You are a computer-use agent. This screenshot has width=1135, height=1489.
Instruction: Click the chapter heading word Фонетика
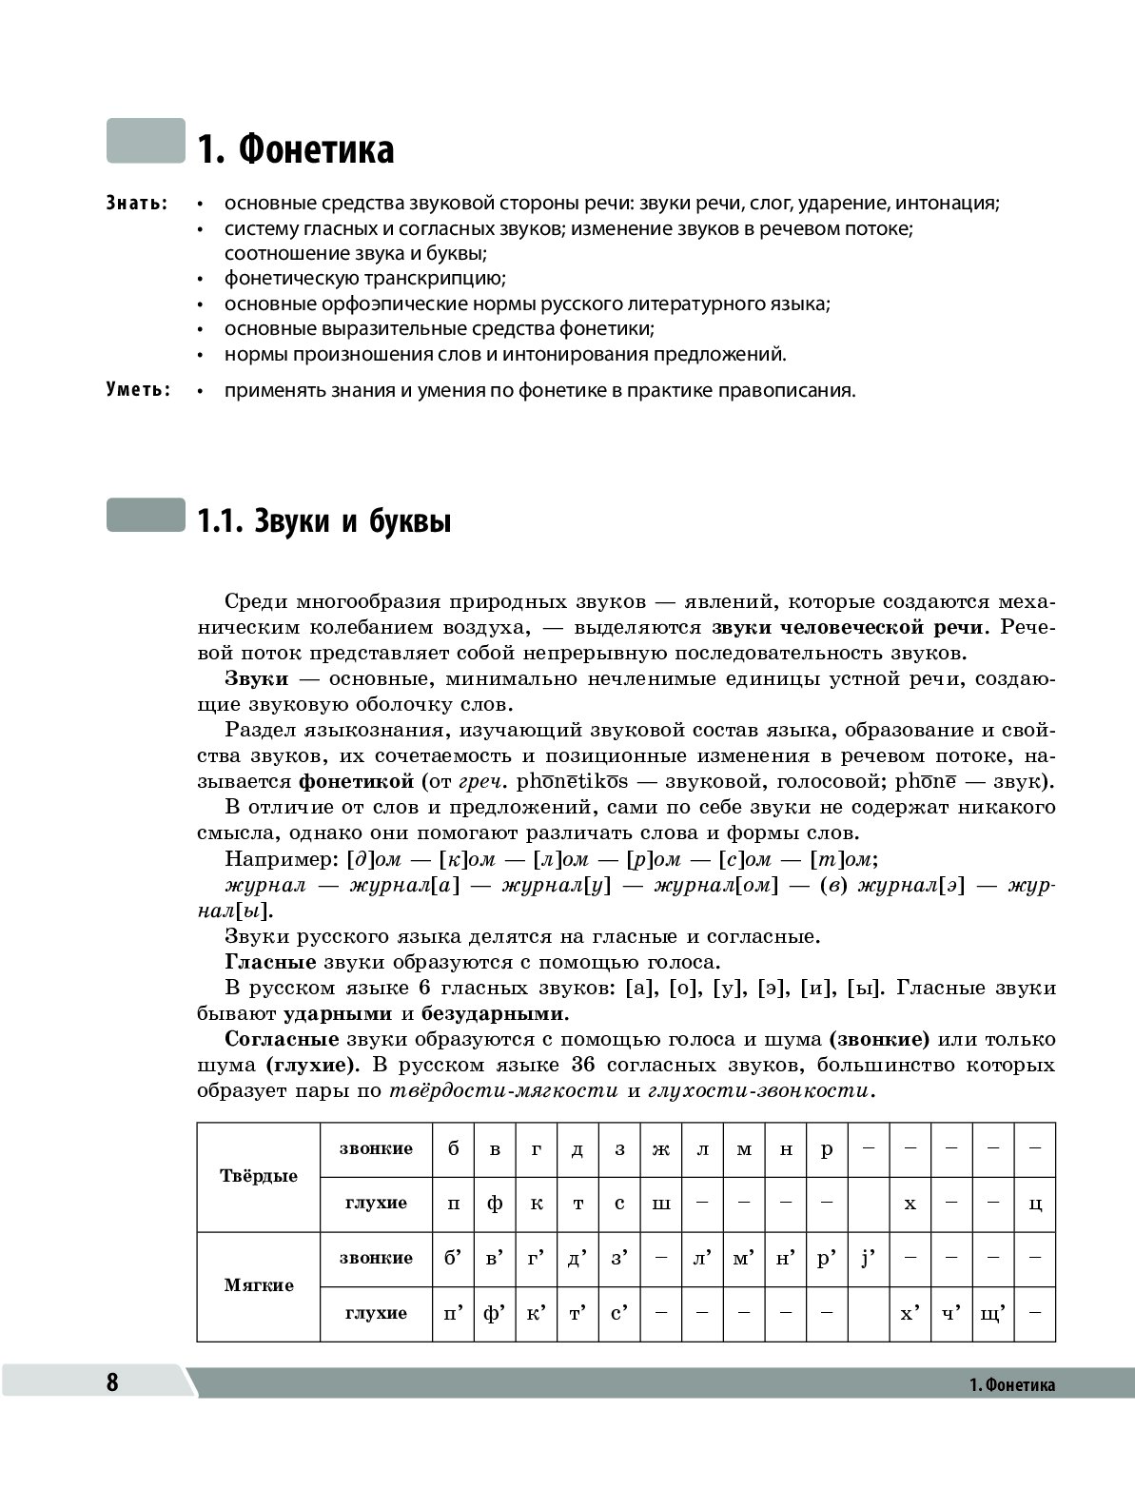point(314,150)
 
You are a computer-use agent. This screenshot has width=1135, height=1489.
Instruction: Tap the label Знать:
point(138,204)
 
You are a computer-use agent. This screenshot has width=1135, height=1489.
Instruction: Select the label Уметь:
point(138,389)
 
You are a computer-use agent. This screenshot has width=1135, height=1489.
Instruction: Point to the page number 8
point(112,1382)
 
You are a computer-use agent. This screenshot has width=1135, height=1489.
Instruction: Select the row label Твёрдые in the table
point(259,1176)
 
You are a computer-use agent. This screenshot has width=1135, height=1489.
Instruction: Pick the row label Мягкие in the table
point(259,1285)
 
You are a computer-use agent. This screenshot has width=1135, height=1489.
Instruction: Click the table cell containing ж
point(661,1148)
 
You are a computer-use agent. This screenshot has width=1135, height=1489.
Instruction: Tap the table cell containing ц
point(1035,1204)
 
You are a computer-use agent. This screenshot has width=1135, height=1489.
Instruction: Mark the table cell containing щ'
point(992,1313)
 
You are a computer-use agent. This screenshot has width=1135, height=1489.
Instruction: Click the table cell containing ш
point(661,1204)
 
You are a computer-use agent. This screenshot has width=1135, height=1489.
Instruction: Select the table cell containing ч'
point(950,1313)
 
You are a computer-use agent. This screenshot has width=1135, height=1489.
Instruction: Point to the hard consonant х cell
point(910,1204)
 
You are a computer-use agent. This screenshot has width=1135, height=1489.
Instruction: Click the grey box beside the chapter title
point(146,140)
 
